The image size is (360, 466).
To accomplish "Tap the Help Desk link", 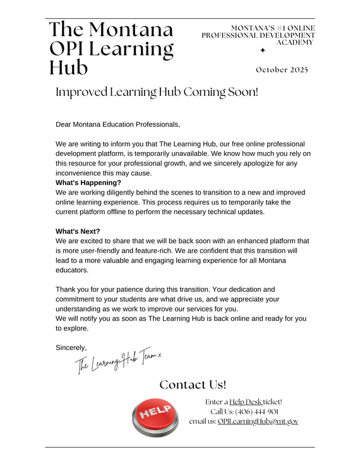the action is coord(245,402).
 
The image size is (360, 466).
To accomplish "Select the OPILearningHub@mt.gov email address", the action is coord(258,421).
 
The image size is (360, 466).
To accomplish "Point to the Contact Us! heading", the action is coord(193,385).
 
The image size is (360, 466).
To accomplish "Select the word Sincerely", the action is coord(71,347).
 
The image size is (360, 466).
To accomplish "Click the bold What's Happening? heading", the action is coord(88,183).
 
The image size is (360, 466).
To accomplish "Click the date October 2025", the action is coord(282,69).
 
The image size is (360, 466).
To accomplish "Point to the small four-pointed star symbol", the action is coord(263,50).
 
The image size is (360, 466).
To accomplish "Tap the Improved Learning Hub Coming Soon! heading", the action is coord(157,92).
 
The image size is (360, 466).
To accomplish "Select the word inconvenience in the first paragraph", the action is coord(83,173).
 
